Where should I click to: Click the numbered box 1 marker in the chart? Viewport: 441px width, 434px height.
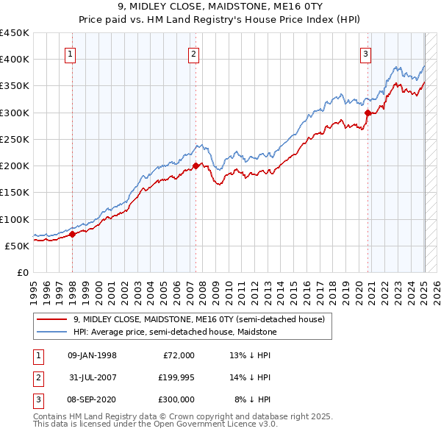point(70,53)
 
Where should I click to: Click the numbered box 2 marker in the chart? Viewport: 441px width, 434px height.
point(193,53)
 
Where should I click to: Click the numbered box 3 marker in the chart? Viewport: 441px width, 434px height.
point(365,53)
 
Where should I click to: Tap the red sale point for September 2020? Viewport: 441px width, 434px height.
point(367,113)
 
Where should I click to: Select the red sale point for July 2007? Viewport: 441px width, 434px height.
point(196,166)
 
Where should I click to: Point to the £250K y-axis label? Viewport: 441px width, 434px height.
point(14,139)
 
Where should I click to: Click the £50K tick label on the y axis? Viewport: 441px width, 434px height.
point(17,246)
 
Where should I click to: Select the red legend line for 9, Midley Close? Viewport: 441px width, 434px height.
point(52,319)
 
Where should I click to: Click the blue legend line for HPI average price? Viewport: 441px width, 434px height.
point(52,332)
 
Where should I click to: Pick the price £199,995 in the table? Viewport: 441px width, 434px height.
point(174,377)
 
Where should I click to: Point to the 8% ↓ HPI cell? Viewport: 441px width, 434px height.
point(253,399)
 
